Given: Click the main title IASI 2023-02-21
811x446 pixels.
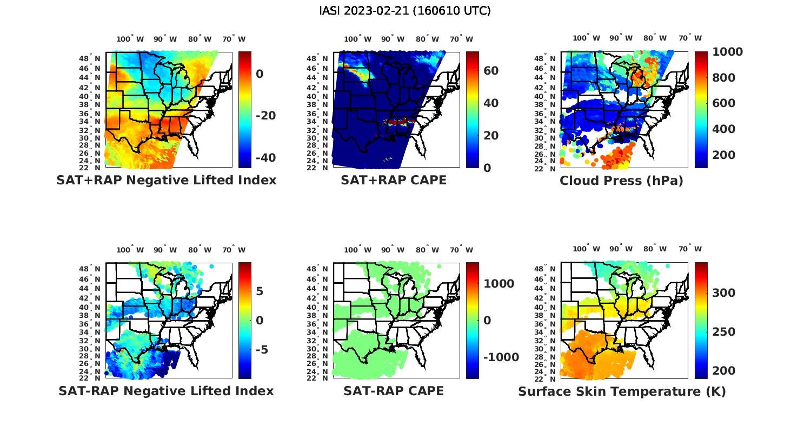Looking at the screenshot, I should (405, 11).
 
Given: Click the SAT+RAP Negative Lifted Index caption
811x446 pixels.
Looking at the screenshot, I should (166, 181).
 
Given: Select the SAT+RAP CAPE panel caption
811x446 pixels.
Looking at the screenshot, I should (394, 181).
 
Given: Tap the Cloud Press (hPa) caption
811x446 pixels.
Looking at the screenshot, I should (621, 181).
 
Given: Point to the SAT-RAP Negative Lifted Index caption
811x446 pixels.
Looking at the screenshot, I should (166, 391).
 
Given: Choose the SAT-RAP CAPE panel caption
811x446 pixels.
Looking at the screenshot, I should (394, 391).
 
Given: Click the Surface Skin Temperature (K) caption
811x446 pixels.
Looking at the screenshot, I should (622, 391).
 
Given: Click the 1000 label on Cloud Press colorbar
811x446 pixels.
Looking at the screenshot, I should (727, 52).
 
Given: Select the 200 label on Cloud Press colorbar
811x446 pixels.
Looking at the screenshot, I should (724, 155).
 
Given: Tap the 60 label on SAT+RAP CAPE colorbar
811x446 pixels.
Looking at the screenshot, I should (491, 71).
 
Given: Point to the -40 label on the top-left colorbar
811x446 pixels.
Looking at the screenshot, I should (265, 158).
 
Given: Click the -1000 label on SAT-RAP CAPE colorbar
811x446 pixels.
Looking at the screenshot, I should (501, 357).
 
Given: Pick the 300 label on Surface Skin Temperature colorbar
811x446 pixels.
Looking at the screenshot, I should (724, 293).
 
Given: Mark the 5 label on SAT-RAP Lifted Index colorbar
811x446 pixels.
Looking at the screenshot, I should (260, 292).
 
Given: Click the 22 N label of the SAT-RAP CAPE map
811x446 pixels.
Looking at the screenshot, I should (322, 378).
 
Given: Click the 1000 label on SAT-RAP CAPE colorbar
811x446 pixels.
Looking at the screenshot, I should (499, 284).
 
